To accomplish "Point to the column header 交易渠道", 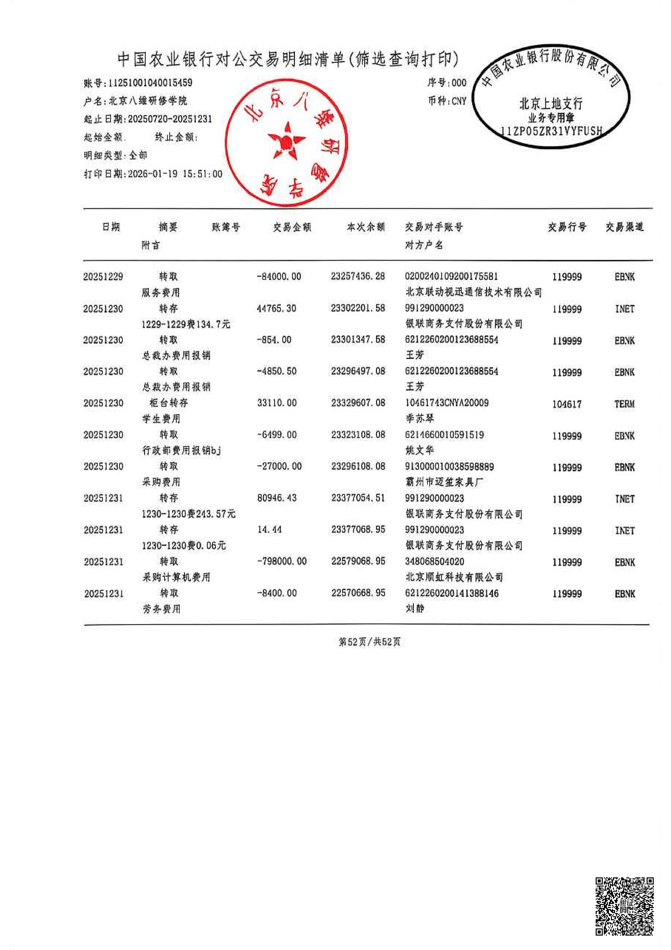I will [624, 227].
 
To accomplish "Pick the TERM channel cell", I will [624, 404].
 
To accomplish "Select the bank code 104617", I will [567, 404].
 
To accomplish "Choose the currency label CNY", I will [459, 101].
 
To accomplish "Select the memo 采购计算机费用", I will [177, 577].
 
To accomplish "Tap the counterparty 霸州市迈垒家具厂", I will [444, 482].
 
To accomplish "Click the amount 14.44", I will [270, 530].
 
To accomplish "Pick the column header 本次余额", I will [366, 227].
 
